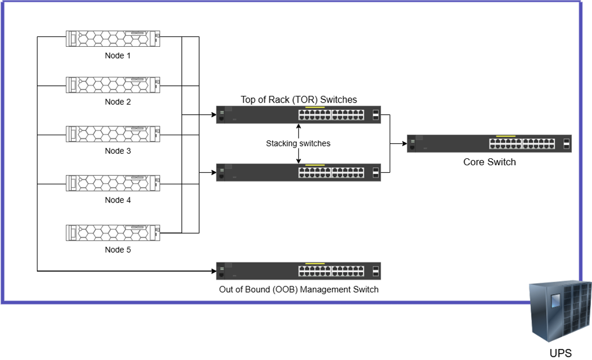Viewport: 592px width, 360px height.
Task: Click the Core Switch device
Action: tap(489, 143)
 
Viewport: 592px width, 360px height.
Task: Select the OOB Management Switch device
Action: tap(299, 271)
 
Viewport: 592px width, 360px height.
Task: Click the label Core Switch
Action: tap(489, 162)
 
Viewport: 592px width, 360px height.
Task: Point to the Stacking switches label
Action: tap(298, 143)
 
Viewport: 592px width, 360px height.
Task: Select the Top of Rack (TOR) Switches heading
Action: tap(299, 99)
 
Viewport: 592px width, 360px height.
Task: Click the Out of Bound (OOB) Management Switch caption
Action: tap(299, 289)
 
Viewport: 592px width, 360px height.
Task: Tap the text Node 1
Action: tap(117, 56)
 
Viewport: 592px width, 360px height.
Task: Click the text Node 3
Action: tap(117, 151)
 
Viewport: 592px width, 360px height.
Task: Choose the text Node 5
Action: tap(117, 250)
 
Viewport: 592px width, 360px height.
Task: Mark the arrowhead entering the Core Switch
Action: tap(404, 143)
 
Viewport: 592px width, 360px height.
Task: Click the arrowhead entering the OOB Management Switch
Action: tap(214, 272)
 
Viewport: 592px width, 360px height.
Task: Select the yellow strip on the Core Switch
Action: tap(506, 136)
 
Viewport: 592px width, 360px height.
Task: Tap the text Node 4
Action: tap(117, 200)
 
